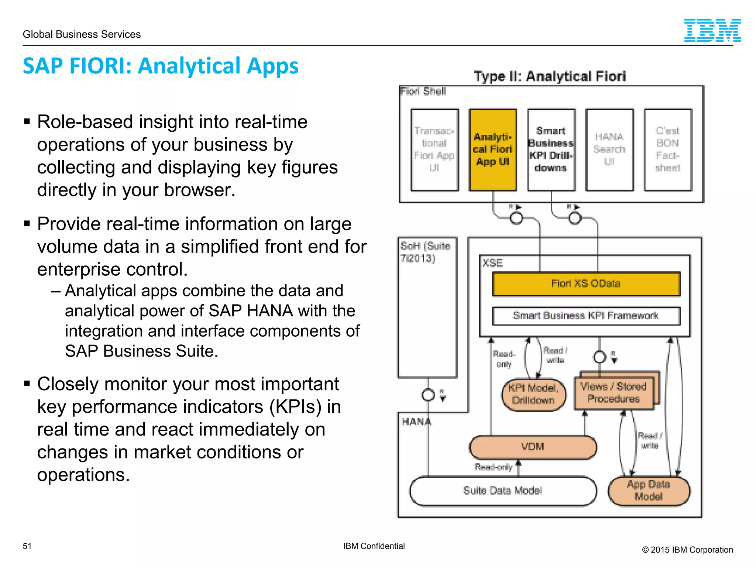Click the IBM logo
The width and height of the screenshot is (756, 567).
(x=712, y=30)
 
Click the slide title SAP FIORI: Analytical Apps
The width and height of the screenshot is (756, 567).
(x=161, y=66)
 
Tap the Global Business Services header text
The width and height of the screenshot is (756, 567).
(x=82, y=34)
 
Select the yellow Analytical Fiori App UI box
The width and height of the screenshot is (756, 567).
(x=493, y=150)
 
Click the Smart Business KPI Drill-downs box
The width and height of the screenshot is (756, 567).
(x=551, y=150)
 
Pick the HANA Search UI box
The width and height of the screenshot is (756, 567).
(x=609, y=150)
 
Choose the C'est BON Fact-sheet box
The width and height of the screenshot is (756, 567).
(x=668, y=150)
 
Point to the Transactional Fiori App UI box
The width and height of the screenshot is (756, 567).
(x=434, y=150)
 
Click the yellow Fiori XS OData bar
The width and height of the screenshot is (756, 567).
(x=586, y=283)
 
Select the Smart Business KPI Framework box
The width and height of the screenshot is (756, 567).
(x=586, y=316)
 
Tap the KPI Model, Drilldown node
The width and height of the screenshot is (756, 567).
(x=533, y=394)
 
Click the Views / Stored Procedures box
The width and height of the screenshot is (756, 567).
(x=614, y=393)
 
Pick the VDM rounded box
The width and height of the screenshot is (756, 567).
(x=533, y=447)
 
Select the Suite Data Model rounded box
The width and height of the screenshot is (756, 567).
(x=502, y=491)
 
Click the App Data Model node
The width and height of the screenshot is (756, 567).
(x=649, y=491)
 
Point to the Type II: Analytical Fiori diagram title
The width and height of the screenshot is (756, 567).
(x=550, y=76)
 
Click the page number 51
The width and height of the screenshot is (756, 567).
(x=27, y=546)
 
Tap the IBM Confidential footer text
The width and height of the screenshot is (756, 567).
(x=374, y=546)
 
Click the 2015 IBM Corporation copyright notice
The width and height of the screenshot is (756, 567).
(x=687, y=550)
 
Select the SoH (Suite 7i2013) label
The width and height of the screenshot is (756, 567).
(x=425, y=252)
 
